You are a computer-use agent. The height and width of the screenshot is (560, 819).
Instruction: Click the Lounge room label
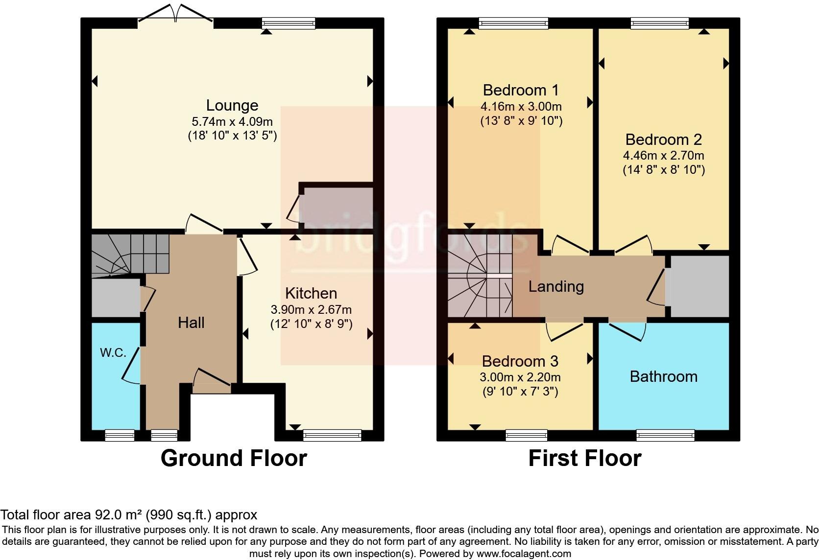pos(232,105)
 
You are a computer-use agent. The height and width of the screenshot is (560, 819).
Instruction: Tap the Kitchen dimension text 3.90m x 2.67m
pos(311,309)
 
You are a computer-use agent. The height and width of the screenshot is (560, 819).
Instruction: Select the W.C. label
pos(113,352)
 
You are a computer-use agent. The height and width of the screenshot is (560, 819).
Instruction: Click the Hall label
pos(191,322)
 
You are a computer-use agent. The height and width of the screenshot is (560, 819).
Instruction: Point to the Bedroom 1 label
pos(521,90)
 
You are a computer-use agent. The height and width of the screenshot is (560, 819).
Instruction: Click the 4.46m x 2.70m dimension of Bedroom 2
pos(663,156)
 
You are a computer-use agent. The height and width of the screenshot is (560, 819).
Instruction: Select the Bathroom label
pos(663,376)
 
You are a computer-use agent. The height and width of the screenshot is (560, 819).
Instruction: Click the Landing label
pos(556,286)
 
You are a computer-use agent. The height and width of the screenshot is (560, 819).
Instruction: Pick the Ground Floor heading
pos(234,458)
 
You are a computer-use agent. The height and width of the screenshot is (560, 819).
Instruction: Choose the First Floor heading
pos(584,458)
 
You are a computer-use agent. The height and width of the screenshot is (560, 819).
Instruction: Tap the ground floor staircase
pos(130,254)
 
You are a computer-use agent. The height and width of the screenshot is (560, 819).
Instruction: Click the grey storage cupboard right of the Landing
pos(699,286)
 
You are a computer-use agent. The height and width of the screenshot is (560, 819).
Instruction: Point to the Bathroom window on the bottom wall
pos(665,434)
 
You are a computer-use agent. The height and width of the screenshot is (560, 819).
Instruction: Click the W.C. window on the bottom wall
pos(120,434)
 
